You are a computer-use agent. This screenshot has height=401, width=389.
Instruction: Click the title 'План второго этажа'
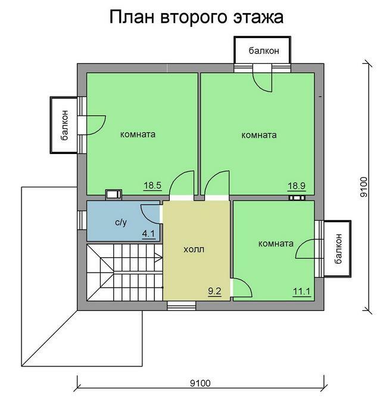pyautogui.click(x=196, y=17)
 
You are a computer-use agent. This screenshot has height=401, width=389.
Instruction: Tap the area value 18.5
pyautogui.click(x=153, y=185)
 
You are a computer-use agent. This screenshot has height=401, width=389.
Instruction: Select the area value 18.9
pyautogui.click(x=297, y=186)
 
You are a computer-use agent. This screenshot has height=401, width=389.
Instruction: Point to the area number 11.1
pyautogui.click(x=301, y=291)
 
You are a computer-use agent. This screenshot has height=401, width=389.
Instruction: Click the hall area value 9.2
pyautogui.click(x=214, y=291)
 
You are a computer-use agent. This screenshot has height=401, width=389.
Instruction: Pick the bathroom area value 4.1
pyautogui.click(x=148, y=234)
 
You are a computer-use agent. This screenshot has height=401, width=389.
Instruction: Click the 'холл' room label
pyautogui.click(x=194, y=249)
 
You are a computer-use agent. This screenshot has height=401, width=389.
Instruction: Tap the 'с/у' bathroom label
pyautogui.click(x=121, y=223)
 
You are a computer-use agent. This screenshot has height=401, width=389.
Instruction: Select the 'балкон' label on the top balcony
pyautogui.click(x=264, y=51)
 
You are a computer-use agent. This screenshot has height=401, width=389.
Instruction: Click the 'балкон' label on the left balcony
pyautogui.click(x=64, y=125)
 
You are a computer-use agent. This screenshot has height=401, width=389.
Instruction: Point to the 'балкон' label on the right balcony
pyautogui.click(x=338, y=249)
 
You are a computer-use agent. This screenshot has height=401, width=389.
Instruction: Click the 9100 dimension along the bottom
pyautogui.click(x=200, y=383)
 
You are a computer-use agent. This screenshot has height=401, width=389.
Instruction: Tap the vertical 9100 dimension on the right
pyautogui.click(x=364, y=187)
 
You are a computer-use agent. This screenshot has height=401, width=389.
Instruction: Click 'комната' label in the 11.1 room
pyautogui.click(x=276, y=243)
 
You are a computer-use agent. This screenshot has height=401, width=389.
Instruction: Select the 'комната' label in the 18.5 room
pyautogui.click(x=138, y=134)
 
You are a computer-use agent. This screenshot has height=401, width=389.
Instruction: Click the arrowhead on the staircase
pyautogui.click(x=159, y=258)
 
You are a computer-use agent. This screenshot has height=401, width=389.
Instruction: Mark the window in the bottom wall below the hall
pyautogui.click(x=182, y=306)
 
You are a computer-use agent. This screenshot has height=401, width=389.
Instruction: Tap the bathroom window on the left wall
pyautogui.click(x=82, y=220)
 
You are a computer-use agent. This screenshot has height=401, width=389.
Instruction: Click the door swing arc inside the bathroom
pyautogui.click(x=150, y=215)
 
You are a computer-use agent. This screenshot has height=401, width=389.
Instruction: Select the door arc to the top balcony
pyautogui.click(x=262, y=82)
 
